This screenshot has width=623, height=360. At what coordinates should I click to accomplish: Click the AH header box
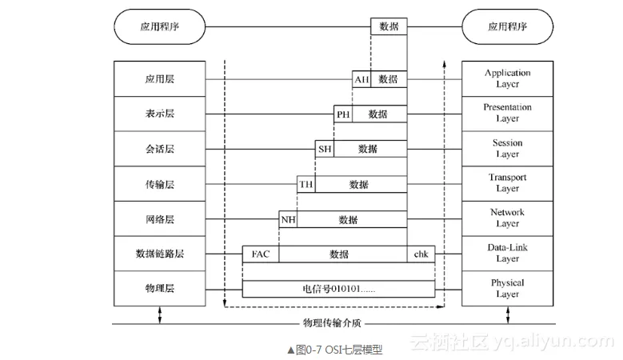pos(361,79)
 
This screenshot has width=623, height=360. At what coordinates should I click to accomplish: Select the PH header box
pos(343,114)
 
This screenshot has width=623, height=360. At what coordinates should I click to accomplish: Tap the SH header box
pos(325,149)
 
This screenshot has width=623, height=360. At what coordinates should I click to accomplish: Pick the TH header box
pos(306,184)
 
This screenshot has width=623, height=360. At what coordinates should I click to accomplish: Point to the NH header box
pos(287,219)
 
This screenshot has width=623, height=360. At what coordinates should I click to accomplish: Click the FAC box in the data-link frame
pos(261,254)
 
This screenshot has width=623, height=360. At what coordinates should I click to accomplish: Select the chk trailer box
pos(421,254)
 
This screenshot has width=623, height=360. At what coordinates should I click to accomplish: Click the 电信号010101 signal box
pos(338,289)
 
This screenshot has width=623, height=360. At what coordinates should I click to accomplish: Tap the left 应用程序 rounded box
pos(160,26)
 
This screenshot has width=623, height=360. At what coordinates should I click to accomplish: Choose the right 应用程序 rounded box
pos(507,26)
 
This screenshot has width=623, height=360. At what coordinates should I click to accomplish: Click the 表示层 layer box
pos(160,114)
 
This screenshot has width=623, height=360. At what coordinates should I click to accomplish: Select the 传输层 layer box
pos(160,184)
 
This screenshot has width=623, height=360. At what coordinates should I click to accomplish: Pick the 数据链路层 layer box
pos(160,254)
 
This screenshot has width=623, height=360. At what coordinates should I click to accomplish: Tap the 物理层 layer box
pos(160,289)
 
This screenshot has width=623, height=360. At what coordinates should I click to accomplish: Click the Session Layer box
pos(507,149)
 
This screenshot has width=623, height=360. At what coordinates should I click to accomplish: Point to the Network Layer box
pos(507,218)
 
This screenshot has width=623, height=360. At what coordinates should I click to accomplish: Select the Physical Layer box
pos(507,288)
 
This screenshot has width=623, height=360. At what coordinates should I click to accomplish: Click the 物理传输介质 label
pos(329,323)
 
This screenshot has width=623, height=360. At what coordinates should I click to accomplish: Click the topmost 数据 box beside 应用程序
pos(389,26)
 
